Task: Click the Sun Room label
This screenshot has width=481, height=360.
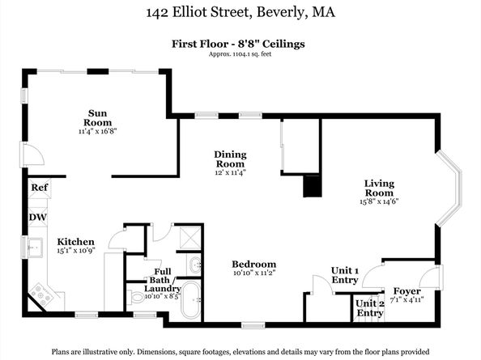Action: click(x=97, y=118)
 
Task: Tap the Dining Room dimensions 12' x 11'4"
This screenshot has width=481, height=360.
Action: click(x=230, y=172)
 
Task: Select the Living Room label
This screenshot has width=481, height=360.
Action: click(x=379, y=188)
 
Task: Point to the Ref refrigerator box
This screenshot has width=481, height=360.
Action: click(x=40, y=188)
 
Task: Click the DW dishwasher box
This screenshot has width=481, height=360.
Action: click(x=38, y=218)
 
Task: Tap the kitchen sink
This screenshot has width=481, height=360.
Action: click(x=36, y=247)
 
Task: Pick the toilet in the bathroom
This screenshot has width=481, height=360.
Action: click(x=135, y=297)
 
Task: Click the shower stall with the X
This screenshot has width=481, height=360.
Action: click(x=189, y=238)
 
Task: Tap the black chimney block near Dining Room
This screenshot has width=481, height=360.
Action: click(x=313, y=186)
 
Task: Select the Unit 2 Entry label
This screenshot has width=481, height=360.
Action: click(x=369, y=308)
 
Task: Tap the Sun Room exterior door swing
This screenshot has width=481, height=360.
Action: click(x=32, y=154)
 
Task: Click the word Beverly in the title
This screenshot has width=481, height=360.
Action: click(x=280, y=13)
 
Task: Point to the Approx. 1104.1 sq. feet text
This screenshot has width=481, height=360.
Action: click(x=240, y=54)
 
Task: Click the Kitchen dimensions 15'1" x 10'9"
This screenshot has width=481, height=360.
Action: click(x=76, y=250)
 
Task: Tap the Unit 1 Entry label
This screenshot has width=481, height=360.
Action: click(x=345, y=275)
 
